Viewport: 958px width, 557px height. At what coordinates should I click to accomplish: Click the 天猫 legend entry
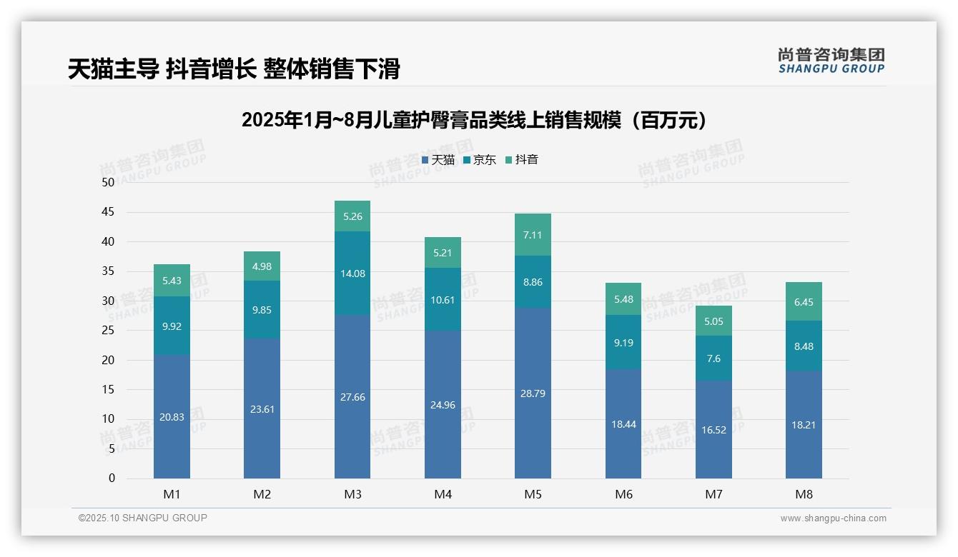438,160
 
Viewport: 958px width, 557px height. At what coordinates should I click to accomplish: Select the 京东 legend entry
480,160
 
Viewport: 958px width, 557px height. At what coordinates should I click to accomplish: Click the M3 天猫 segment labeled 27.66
352,396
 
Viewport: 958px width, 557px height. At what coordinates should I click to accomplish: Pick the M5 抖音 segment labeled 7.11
533,234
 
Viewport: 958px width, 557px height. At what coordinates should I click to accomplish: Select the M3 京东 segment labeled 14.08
352,273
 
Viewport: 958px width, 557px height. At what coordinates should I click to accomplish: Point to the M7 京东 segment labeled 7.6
713,358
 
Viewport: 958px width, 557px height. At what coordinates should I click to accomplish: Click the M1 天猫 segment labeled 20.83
172,416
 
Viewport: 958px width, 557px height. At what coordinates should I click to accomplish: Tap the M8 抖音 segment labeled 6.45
804,301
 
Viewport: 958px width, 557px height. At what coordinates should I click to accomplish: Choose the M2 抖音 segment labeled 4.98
262,266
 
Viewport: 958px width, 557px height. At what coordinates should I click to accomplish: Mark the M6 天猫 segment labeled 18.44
623,423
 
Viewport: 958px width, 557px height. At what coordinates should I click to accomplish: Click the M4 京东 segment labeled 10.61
443,299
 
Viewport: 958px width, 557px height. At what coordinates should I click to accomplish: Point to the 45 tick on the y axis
108,212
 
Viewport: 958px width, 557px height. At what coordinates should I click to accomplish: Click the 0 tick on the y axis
112,478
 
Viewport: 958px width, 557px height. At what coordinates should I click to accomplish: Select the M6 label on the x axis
623,494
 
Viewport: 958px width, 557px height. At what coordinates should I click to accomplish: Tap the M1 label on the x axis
172,494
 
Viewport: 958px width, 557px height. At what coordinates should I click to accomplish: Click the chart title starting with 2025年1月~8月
475,120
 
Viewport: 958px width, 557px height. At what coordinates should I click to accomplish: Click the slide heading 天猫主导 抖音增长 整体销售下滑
234,69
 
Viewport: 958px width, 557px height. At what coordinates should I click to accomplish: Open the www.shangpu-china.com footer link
833,518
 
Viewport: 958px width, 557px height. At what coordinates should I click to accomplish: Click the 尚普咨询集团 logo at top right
831,60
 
